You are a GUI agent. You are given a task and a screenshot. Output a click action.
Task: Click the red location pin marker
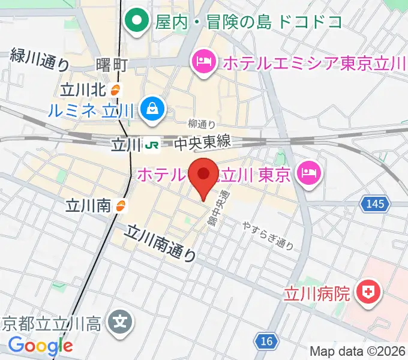(204, 175)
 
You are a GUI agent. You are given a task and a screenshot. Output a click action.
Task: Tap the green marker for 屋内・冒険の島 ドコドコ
(137, 22)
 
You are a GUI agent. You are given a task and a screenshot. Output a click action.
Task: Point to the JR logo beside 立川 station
(152, 145)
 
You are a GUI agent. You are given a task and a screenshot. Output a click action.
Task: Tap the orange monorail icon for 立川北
(116, 91)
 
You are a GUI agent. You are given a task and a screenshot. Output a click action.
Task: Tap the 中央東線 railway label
(202, 144)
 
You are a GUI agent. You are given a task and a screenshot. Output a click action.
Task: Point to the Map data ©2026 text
(356, 351)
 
